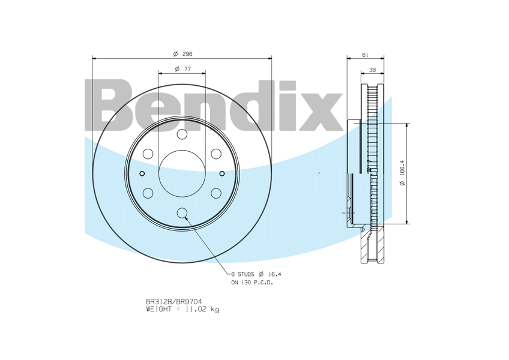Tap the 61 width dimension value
(365, 55)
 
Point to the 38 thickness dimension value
(373, 70)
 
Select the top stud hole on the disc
(182, 134)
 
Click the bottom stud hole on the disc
(182, 213)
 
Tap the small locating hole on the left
(142, 173)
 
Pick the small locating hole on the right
(222, 173)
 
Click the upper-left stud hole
(148, 154)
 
